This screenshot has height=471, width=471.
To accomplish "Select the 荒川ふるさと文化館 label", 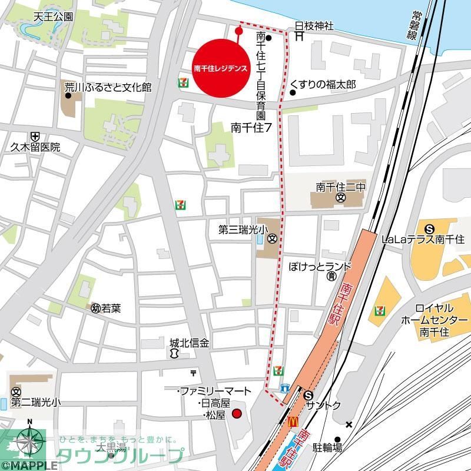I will click(108, 88).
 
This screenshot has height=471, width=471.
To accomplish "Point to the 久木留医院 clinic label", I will click(35, 148).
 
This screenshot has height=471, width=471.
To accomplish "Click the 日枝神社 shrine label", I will click(314, 26).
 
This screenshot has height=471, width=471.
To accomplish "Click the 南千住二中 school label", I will click(341, 187).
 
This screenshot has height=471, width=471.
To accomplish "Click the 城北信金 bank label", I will click(189, 342).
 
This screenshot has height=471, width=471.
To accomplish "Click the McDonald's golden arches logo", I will click(292, 422).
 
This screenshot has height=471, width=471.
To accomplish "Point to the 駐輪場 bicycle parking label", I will click(329, 448).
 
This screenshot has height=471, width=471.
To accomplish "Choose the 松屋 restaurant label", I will click(215, 416).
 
